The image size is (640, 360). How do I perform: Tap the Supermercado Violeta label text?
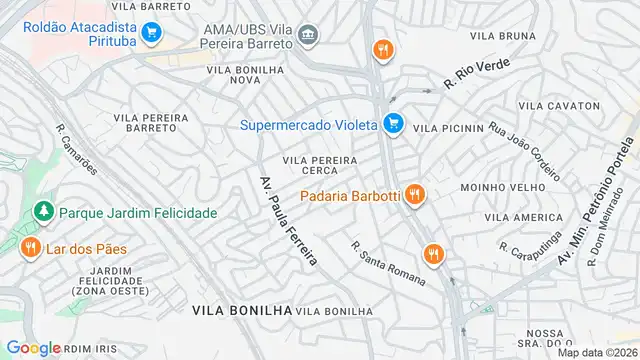308,125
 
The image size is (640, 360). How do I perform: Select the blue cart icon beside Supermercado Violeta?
393,124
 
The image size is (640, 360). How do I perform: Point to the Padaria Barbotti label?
350,194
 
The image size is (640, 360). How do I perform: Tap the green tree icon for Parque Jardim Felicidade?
42,213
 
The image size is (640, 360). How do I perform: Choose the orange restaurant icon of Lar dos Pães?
31,247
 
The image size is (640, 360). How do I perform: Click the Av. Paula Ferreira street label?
288,221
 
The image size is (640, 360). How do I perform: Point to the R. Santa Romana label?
388,261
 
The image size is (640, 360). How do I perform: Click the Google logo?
33,348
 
